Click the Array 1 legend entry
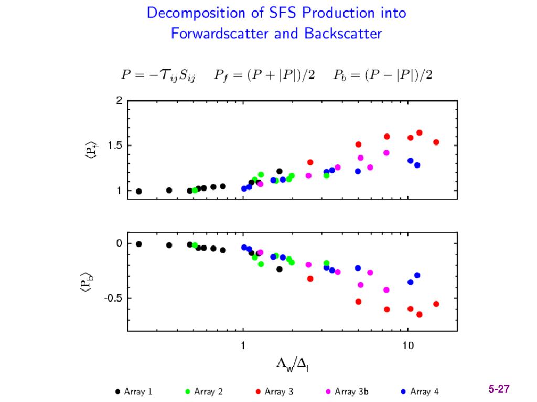click(134, 392)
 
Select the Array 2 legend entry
click(204, 392)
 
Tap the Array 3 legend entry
click(274, 392)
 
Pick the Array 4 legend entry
click(420, 392)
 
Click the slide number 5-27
click(499, 389)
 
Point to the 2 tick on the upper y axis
click(119, 100)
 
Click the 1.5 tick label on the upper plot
click(115, 146)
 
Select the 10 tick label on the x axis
click(408, 345)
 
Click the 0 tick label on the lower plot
click(119, 243)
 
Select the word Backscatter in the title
click(343, 34)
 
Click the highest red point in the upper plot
click(420, 132)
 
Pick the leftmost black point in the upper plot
click(138, 191)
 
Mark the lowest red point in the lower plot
click(420, 315)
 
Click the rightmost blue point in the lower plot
click(417, 275)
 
